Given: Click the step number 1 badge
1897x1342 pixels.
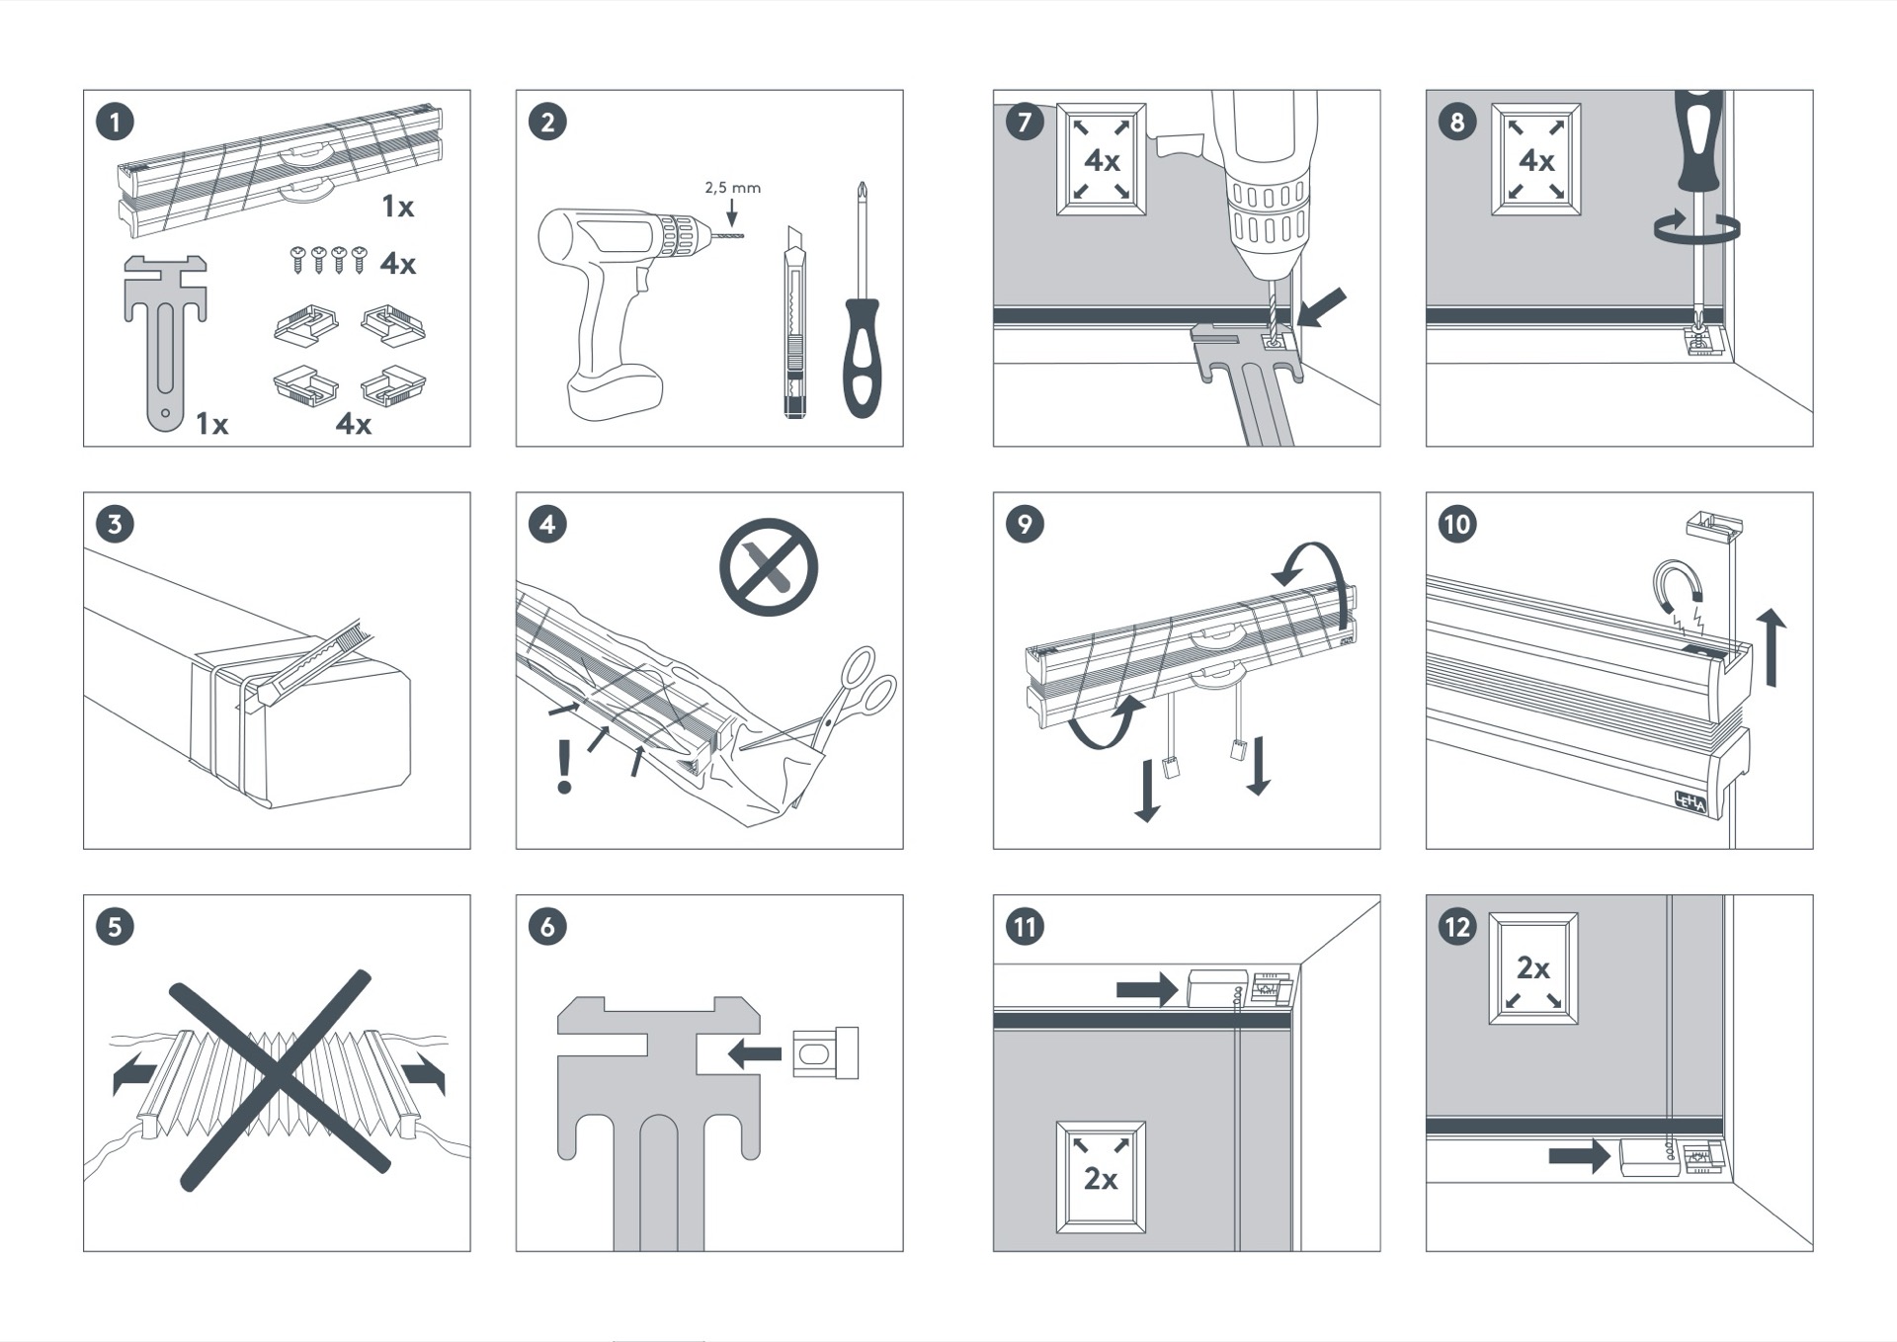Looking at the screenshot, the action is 115,123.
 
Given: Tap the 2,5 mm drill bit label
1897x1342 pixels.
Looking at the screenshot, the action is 732,187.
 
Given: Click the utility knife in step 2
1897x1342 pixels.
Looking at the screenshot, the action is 794,322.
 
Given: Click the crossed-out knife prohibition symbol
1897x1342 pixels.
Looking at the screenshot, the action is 769,567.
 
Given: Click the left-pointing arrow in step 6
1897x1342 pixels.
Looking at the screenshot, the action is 754,1053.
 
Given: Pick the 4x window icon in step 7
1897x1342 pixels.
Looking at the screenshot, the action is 1102,159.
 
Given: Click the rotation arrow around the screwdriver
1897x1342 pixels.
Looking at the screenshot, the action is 1696,227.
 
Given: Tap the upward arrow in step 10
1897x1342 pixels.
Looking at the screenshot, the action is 1772,647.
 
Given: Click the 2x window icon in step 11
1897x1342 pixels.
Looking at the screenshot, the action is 1101,1177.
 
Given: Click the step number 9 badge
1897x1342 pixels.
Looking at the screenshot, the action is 1025,524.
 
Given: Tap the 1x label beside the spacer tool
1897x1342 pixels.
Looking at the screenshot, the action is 211,424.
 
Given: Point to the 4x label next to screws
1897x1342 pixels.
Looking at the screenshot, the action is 398,263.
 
